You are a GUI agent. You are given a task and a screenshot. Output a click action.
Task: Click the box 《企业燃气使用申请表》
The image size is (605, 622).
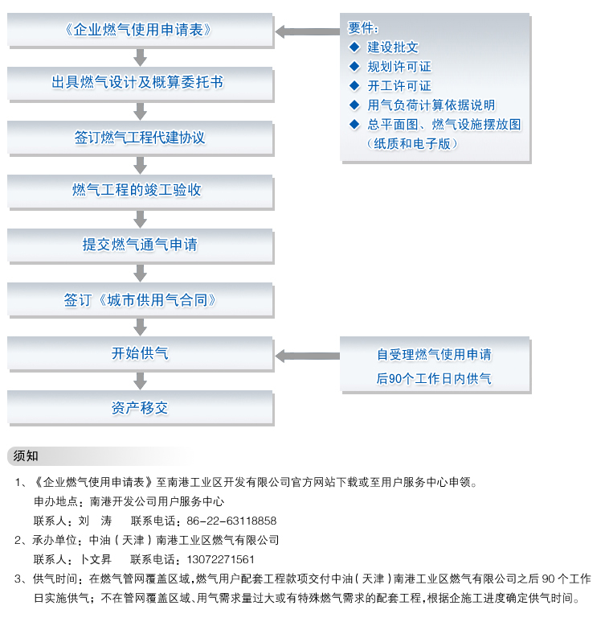tap(141, 30)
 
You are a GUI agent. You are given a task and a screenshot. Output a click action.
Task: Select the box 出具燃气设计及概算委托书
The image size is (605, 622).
tap(141, 84)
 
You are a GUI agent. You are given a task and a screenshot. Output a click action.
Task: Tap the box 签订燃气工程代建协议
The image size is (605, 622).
tap(141, 138)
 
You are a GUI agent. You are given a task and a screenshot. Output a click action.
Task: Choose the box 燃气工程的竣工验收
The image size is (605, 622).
tap(141, 192)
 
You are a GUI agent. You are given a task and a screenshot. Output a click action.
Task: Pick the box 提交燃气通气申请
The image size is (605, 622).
tap(141, 246)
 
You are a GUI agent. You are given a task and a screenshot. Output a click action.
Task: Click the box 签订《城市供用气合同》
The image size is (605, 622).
tap(141, 300)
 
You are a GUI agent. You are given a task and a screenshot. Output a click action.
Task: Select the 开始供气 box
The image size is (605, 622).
tap(141, 354)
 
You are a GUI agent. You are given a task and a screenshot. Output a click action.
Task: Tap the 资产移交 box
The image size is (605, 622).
tap(141, 408)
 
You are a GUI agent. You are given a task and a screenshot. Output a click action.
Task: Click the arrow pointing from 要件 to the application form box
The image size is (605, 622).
tap(308, 31)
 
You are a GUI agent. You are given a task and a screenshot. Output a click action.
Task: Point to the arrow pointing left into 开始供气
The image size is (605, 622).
tap(308, 356)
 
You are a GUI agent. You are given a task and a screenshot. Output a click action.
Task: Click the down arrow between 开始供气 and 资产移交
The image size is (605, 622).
tap(141, 381)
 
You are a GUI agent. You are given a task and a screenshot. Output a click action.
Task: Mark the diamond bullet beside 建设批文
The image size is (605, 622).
tap(354, 47)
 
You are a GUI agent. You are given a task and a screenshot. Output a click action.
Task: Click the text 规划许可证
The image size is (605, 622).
tap(399, 67)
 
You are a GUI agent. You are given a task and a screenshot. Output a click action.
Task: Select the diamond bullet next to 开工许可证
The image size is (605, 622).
tap(354, 85)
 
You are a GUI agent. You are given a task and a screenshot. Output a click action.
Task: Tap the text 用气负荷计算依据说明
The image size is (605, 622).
tap(431, 105)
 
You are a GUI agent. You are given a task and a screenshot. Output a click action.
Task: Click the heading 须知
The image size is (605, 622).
tap(26, 455)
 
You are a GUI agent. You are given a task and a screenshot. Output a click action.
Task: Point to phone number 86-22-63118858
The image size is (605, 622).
tap(231, 521)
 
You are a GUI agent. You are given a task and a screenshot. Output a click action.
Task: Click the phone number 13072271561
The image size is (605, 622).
tap(220, 559)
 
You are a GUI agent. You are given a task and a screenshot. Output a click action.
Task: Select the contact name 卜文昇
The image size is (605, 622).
tap(96, 559)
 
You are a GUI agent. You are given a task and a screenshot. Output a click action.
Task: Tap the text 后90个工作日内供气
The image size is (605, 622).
tap(434, 379)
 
